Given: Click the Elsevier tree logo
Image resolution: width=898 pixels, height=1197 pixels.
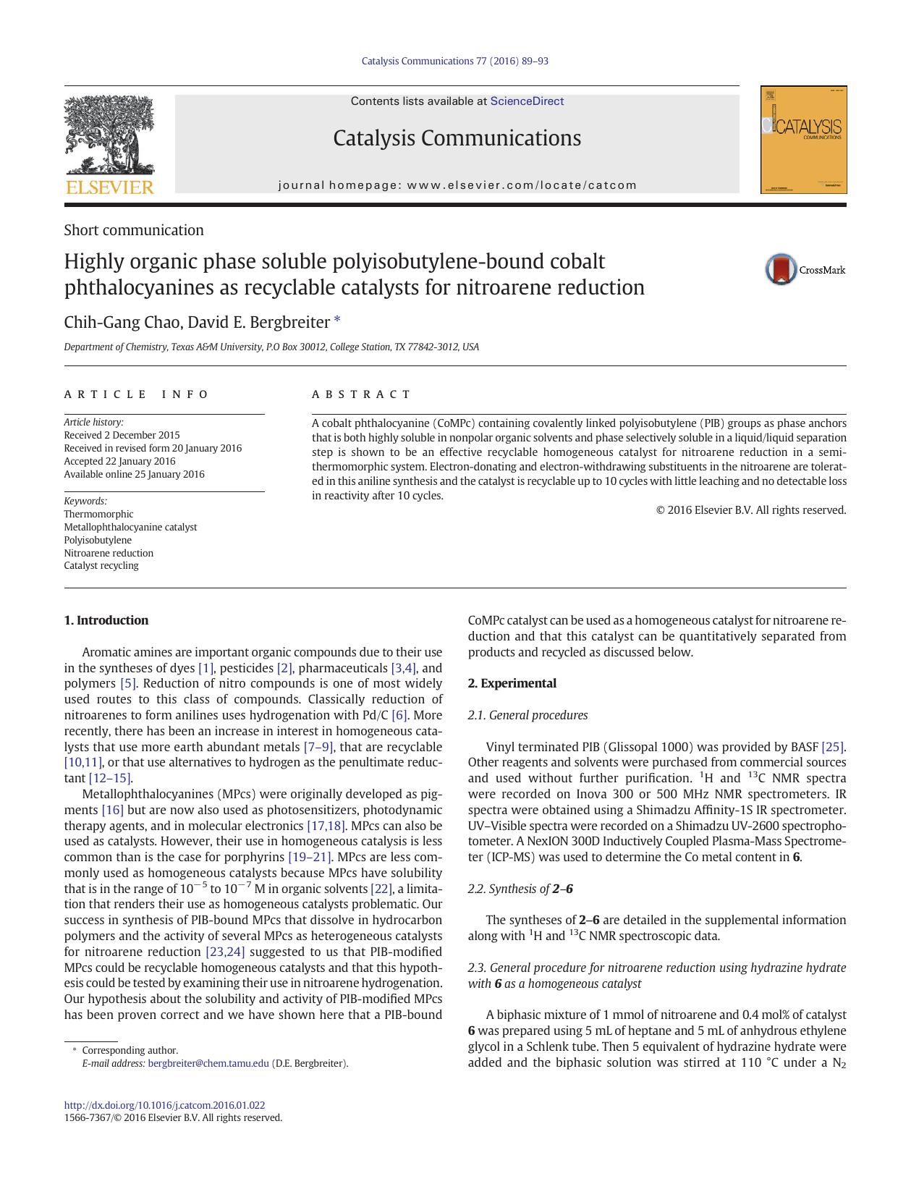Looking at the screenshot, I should tap(109, 138).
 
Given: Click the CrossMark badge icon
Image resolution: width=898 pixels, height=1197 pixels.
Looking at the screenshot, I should tap(781, 269).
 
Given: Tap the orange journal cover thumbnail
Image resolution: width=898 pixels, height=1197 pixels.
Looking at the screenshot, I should tap(803, 140).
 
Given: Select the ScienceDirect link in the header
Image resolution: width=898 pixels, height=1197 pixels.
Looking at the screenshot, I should tap(527, 101).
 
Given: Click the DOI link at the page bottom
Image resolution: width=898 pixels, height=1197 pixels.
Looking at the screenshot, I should tap(164, 1105).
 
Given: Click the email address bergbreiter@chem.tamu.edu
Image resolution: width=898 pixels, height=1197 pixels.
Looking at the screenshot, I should tap(208, 1063).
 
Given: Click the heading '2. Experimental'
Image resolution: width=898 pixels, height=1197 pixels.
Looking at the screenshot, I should tap(512, 683).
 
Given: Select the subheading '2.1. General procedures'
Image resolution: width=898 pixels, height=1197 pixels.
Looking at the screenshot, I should tap(528, 715).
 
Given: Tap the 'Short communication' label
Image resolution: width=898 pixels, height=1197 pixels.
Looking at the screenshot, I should tap(134, 230).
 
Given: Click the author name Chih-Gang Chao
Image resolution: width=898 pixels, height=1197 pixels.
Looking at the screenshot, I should tap(116, 322).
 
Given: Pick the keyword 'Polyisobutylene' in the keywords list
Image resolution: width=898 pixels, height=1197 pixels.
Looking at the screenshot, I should tap(98, 540).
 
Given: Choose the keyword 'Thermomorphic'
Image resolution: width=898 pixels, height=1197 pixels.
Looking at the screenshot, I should tap(98, 514).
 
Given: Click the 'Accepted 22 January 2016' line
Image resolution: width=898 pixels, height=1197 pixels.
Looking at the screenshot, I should tap(119, 461).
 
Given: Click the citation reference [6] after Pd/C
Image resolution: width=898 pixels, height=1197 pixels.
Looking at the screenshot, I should tap(399, 715).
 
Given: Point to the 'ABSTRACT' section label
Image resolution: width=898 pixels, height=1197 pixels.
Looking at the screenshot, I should tap(361, 394).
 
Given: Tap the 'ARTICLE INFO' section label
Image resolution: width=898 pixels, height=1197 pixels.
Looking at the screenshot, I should tap(136, 394).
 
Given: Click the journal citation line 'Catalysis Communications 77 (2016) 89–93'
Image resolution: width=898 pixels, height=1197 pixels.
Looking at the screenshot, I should tap(454, 61).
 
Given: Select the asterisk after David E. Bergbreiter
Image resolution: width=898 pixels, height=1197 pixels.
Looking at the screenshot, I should tap(336, 320).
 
